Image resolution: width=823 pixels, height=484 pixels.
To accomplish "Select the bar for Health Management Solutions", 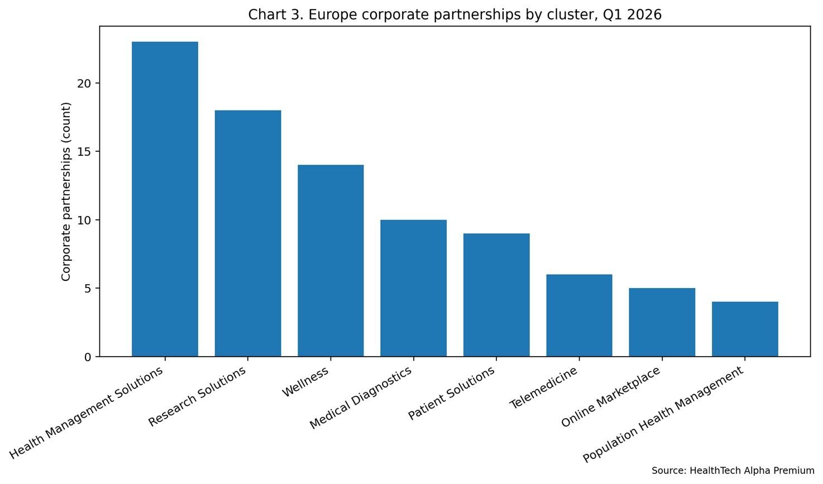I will [165, 199].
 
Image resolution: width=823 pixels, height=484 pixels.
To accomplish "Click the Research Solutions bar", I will [248, 233].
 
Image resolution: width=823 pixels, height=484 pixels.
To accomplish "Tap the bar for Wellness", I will [331, 261].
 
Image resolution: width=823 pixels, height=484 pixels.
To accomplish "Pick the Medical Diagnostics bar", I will [413, 288].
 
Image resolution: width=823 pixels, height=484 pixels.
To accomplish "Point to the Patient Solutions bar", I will [496, 295].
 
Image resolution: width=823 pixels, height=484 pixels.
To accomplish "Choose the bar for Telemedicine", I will [579, 315].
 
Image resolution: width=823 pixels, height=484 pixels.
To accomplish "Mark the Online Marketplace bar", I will [662, 322].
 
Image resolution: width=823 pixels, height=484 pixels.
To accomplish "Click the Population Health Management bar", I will [745, 329].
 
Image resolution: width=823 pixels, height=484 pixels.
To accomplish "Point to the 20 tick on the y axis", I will [84, 83].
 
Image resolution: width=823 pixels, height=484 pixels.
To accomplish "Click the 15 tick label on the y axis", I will [84, 152].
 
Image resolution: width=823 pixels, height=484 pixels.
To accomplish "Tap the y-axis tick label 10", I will [84, 220].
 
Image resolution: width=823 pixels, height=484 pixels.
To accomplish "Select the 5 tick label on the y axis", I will [88, 289].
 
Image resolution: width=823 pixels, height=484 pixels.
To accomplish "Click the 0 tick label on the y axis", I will [88, 357].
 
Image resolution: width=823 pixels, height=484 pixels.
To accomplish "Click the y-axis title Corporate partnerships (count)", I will [66, 191].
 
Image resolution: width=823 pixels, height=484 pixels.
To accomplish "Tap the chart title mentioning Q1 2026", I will [454, 15].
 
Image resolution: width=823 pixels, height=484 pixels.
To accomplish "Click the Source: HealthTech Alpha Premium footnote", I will [733, 471].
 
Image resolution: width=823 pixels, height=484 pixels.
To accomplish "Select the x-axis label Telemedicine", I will [543, 389].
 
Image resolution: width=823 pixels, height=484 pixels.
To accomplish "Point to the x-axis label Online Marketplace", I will [611, 397].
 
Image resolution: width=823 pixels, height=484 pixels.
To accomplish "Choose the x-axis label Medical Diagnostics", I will [361, 397].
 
